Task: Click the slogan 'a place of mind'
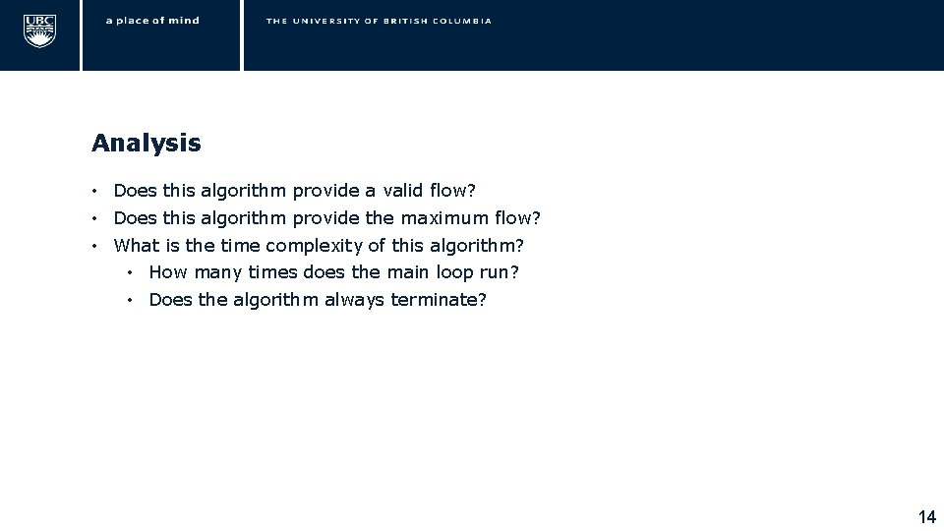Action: pyautogui.click(x=152, y=21)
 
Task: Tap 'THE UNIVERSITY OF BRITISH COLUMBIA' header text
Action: pyautogui.click(x=379, y=21)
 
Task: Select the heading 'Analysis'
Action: pyautogui.click(x=146, y=144)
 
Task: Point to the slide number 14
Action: pyautogui.click(x=926, y=517)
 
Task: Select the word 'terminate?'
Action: pyautogui.click(x=439, y=300)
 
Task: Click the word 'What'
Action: pyautogui.click(x=135, y=246)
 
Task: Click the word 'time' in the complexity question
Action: pyautogui.click(x=240, y=246)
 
